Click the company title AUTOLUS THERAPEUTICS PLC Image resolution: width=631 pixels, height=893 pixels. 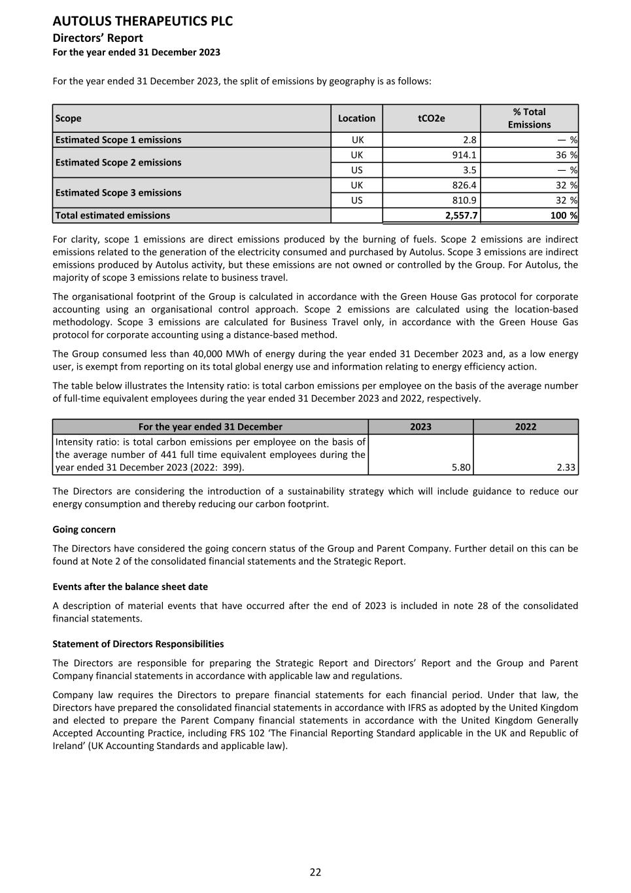click(143, 21)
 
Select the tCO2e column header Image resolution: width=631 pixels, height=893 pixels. click(431, 118)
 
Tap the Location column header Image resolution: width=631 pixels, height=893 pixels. click(356, 118)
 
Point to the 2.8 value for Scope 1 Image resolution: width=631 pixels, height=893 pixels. click(469, 139)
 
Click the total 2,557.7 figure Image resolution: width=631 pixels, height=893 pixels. click(460, 215)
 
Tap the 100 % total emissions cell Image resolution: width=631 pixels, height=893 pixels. click(564, 215)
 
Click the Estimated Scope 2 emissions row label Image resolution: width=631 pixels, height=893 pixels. click(118, 162)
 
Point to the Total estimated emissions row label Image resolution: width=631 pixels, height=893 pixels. click(112, 215)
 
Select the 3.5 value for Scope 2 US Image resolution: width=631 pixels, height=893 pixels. click(469, 170)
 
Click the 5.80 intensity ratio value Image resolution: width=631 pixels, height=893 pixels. click(461, 467)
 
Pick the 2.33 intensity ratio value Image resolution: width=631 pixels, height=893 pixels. click(566, 467)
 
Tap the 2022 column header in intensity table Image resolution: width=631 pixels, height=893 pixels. click(525, 427)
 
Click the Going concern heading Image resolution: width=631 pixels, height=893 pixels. click(84, 529)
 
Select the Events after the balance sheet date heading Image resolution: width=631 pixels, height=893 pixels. click(130, 587)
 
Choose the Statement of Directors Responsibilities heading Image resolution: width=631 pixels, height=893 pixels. click(138, 644)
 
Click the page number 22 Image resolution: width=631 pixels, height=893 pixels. click(315, 872)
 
